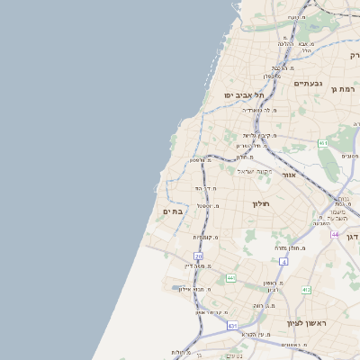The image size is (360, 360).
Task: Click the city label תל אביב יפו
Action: coord(242,94)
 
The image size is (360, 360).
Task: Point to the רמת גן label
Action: coord(344,89)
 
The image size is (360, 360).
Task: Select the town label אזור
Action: coord(288,175)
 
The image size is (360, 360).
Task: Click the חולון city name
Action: coord(262,204)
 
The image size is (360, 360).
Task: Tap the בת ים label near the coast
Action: coord(173,211)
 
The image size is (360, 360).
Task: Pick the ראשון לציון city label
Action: coord(305,322)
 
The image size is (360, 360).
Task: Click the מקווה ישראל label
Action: coord(255,171)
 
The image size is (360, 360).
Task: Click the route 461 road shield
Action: coord(322,143)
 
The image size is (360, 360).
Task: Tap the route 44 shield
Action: coord(335,235)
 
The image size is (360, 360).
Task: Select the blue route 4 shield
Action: coord(283,261)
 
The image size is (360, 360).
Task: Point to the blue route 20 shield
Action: coord(198,256)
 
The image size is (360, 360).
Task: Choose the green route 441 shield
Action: coord(230,278)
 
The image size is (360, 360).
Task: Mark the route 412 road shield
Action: coord(306,290)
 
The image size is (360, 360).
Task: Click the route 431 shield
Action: coord(232,326)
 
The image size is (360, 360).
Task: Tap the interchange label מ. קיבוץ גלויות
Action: coord(256,135)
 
